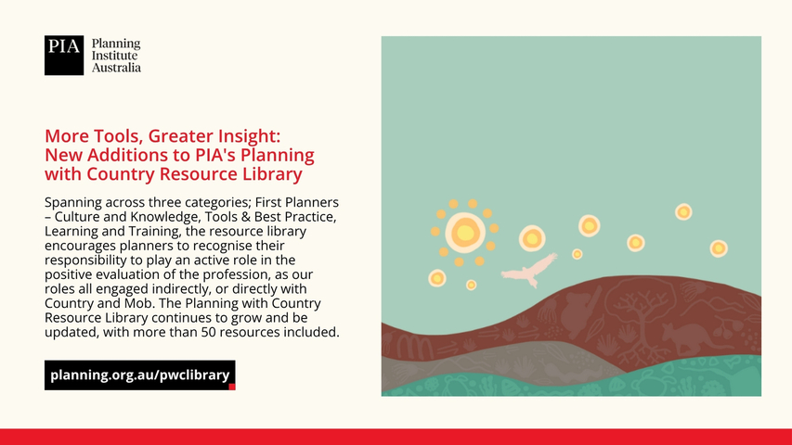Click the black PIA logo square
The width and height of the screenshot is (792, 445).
64,56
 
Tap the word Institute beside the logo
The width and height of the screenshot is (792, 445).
114,56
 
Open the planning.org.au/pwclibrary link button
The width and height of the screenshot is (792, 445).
140,375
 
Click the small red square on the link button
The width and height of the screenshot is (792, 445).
232,387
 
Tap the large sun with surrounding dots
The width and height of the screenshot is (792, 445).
464,233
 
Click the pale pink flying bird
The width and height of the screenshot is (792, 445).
529,271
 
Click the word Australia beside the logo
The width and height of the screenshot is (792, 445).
116,68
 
